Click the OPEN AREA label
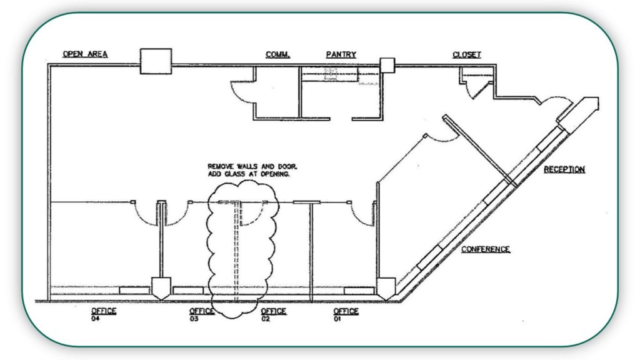pyautogui.click(x=85, y=54)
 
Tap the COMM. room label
pyautogui.click(x=277, y=54)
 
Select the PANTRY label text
pyautogui.click(x=341, y=54)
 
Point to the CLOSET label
pyautogui.click(x=466, y=54)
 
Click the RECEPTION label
pyautogui.click(x=564, y=169)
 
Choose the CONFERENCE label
pyautogui.click(x=486, y=249)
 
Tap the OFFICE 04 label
pyautogui.click(x=104, y=314)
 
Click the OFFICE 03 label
pyautogui.click(x=202, y=314)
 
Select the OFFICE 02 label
pyautogui.click(x=274, y=314)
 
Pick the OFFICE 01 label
pyautogui.click(x=346, y=314)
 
